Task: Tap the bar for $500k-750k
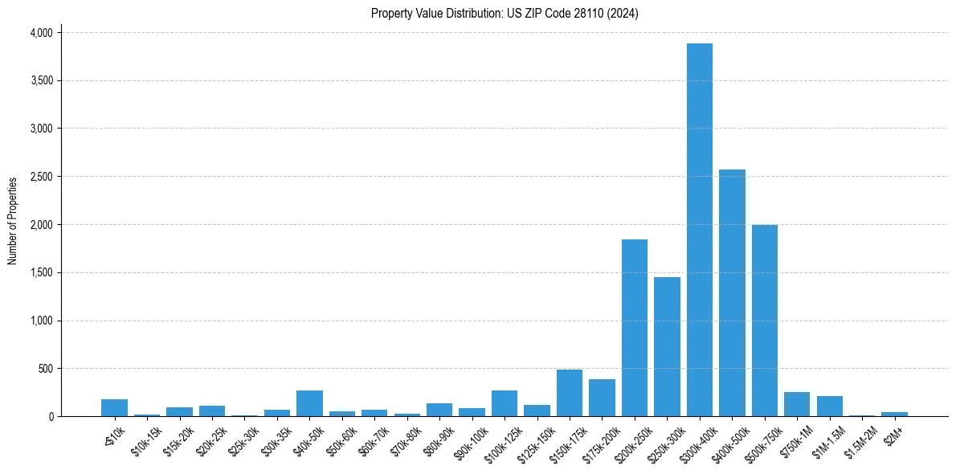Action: [764, 321]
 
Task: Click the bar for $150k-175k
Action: [570, 393]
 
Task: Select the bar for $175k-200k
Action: [602, 398]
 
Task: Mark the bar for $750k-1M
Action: [797, 404]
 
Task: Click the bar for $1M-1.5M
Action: [829, 407]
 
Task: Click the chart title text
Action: [505, 14]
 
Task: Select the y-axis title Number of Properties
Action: [13, 221]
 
